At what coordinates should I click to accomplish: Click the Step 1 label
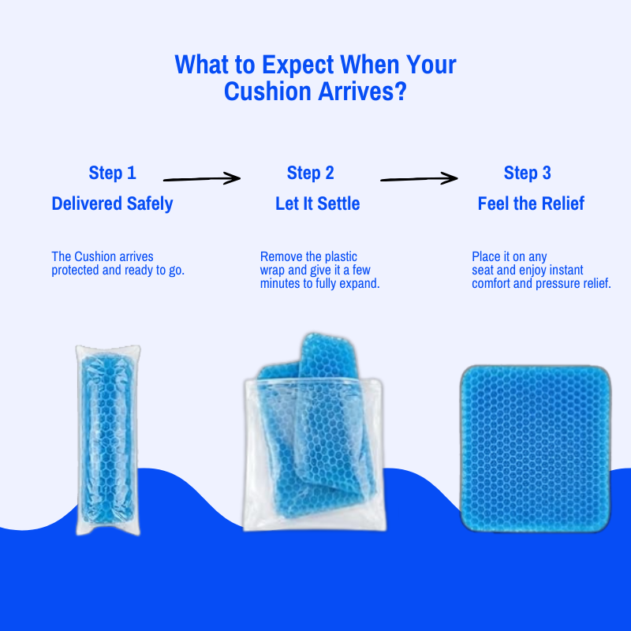point(112,174)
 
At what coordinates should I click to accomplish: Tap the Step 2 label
point(311,174)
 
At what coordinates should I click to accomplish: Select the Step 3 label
point(527,174)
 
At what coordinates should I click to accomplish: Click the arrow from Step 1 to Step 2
point(201,179)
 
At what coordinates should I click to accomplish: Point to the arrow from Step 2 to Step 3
point(419,179)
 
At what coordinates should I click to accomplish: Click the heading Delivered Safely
point(112,203)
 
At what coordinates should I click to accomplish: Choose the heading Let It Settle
point(317,203)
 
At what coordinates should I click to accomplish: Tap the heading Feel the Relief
point(531,203)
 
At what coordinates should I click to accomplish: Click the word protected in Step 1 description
point(77,271)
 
